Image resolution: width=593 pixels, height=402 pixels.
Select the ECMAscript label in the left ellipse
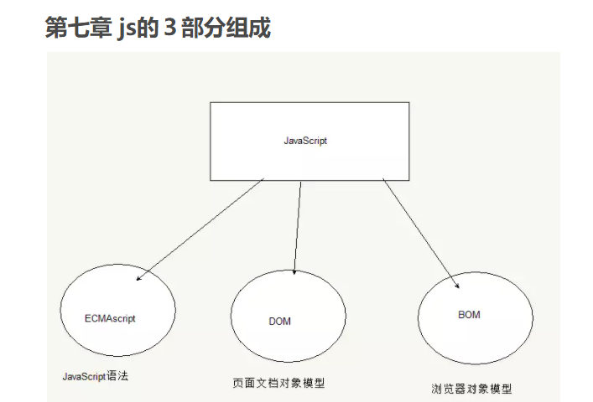pyautogui.click(x=110, y=319)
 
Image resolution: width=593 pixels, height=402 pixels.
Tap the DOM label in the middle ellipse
pyautogui.click(x=279, y=322)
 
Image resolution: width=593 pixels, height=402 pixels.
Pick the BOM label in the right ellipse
pyautogui.click(x=470, y=314)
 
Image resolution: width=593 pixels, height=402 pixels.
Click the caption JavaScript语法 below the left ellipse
pyautogui.click(x=96, y=376)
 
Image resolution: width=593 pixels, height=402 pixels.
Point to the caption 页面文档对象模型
pyautogui.click(x=278, y=383)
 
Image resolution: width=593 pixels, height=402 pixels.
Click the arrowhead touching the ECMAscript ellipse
pyautogui.click(x=139, y=277)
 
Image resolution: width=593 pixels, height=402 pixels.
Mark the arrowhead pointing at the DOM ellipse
pyautogui.click(x=295, y=271)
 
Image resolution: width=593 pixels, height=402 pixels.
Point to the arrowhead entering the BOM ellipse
pyautogui.click(x=455, y=284)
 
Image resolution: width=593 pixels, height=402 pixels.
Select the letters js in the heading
pyautogui.click(x=131, y=28)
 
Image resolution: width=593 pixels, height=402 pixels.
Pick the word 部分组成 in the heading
pyautogui.click(x=226, y=28)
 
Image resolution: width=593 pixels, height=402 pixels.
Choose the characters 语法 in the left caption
pyautogui.click(x=118, y=376)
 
